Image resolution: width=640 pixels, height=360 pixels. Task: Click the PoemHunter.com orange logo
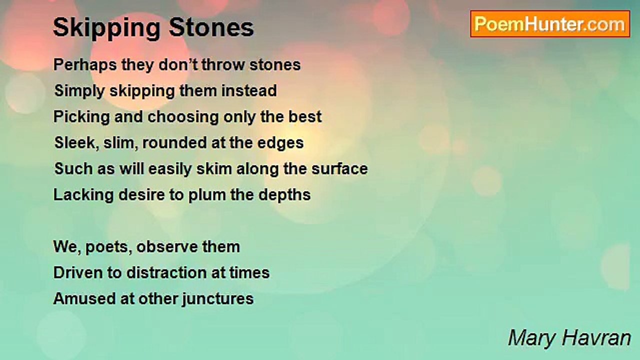coord(550,24)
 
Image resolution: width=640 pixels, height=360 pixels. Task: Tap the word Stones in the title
coord(211,27)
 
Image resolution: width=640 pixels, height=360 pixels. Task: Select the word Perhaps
coord(85,65)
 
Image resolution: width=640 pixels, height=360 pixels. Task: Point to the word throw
coord(223,64)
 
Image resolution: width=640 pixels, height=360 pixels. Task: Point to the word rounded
coord(174,142)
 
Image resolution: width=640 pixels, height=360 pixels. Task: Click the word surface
coord(339,168)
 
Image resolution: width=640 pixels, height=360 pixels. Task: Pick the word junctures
coord(217,299)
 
